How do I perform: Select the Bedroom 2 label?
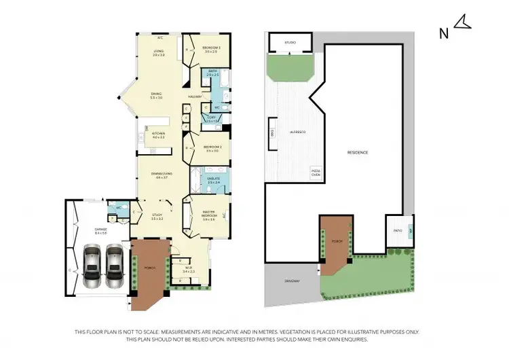[214, 148]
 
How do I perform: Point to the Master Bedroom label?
[212, 217]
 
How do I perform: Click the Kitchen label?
[159, 134]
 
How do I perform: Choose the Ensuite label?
[214, 180]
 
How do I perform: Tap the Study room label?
[157, 217]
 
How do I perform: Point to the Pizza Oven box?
[316, 173]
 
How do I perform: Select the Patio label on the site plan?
[398, 231]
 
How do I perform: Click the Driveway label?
[293, 281]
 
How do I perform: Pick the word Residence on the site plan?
[357, 152]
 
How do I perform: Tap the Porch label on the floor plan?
[149, 268]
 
